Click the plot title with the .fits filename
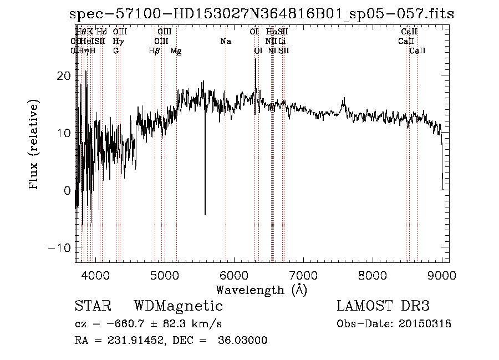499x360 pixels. point(262,14)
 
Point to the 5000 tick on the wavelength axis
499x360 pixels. point(165,275)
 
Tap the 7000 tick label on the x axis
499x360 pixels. point(303,275)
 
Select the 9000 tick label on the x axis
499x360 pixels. point(442,275)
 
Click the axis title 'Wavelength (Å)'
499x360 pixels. point(261,290)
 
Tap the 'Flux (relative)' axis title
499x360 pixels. point(35,145)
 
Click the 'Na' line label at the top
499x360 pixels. point(226,42)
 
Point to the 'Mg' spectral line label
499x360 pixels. point(176,51)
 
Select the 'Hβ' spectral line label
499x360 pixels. point(155,51)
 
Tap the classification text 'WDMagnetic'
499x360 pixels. point(178,306)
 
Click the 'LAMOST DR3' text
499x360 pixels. point(383,306)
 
